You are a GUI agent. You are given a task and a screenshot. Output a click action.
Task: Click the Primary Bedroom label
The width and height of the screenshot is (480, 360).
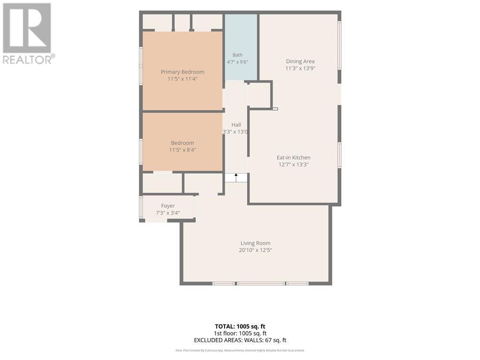click(182, 72)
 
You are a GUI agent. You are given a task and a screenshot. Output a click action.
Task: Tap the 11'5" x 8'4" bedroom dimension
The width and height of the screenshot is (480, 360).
click(182, 150)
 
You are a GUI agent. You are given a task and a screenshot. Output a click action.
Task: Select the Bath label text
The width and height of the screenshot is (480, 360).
click(238, 55)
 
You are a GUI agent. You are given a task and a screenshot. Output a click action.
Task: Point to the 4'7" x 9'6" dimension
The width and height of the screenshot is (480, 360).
click(238, 62)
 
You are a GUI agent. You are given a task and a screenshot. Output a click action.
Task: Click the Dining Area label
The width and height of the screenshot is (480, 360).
click(300, 61)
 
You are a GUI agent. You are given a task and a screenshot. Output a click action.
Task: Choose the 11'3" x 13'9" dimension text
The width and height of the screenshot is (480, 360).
click(300, 68)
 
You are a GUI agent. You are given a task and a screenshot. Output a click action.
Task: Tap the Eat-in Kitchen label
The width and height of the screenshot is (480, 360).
click(293, 157)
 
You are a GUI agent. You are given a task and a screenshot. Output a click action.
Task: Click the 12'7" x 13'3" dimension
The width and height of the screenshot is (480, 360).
click(293, 165)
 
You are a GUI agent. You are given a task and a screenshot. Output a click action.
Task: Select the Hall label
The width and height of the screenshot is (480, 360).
click(236, 125)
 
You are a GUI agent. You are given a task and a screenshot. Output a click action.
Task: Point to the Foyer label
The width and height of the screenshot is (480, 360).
click(168, 206)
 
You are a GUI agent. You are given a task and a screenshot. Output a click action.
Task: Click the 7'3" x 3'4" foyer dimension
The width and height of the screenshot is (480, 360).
click(168, 213)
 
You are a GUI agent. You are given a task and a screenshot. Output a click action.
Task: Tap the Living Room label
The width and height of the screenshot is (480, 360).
click(255, 243)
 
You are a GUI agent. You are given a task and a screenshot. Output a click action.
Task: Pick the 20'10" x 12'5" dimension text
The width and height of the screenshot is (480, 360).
click(255, 250)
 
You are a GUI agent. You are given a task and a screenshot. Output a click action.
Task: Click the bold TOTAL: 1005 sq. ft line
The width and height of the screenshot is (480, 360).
click(240, 326)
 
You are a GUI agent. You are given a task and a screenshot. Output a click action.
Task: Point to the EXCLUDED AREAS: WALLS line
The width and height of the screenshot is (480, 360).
click(240, 340)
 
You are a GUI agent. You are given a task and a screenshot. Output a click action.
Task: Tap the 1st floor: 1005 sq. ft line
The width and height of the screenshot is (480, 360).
click(240, 333)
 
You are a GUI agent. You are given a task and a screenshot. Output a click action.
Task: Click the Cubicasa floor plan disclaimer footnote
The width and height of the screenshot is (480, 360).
click(240, 351)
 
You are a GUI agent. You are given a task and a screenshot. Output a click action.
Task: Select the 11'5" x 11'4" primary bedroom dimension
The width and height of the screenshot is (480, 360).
click(182, 79)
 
